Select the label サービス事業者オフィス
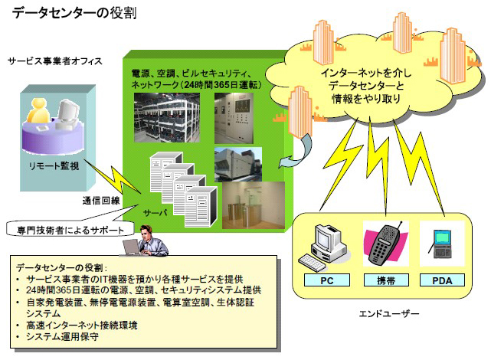(54, 61)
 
